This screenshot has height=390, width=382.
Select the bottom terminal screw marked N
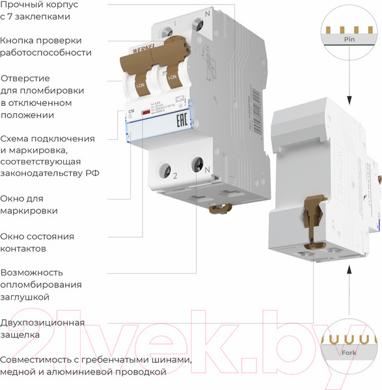pos(197,164)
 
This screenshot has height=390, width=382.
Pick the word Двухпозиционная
pos(42,323)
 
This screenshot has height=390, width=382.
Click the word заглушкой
pos(25,296)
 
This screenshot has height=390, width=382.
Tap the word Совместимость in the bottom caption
pos(36,360)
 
